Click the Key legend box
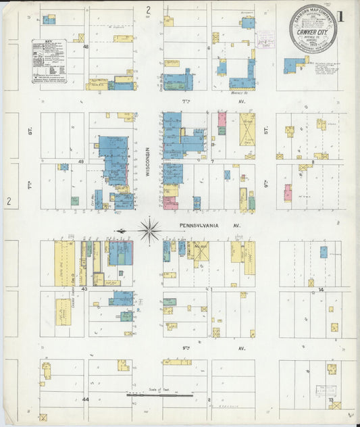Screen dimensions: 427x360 click(49, 61)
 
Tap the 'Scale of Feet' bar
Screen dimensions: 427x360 click(160, 394)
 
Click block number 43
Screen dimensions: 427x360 click(85, 288)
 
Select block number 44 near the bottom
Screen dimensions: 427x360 click(85, 399)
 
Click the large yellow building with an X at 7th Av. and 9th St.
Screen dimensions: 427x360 click(247, 126)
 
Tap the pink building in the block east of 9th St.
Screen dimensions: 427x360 click(288, 193)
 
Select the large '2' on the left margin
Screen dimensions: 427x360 click(9, 201)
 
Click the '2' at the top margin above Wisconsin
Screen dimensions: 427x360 click(147, 9)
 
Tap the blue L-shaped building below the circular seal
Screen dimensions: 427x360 click(294, 66)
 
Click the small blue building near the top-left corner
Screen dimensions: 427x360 click(49, 20)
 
